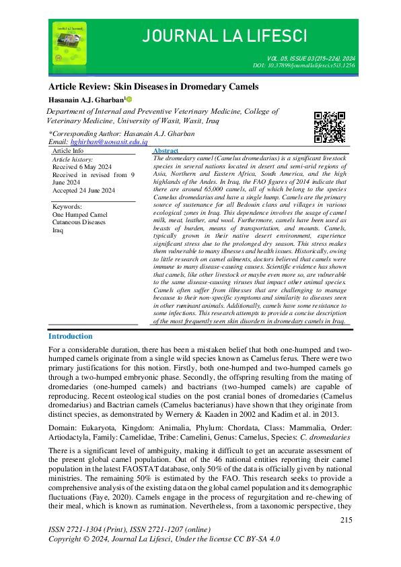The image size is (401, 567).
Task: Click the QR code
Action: (329, 126)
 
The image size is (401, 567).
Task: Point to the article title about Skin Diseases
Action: (153, 88)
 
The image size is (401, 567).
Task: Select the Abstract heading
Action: (166, 152)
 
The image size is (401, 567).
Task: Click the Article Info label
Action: (68, 152)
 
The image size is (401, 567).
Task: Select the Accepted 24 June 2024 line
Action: (83, 191)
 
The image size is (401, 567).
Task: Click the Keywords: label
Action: (67, 206)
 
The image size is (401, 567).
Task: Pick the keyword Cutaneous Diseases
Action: (79, 222)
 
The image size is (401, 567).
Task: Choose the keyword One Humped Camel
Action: (79, 214)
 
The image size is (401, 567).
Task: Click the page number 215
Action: (347, 520)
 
